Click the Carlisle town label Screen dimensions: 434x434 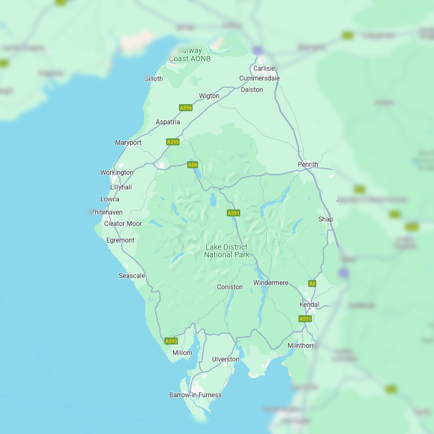coord(264,68)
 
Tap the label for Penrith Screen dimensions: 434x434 coord(308,164)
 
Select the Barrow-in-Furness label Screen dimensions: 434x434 coord(195,395)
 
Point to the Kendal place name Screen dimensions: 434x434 coord(309,304)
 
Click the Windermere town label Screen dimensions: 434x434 coord(271,283)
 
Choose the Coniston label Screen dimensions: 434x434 coord(230,287)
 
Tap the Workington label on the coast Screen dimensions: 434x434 coord(117,173)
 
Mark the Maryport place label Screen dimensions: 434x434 coord(128,143)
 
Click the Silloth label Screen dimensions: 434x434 coord(154,79)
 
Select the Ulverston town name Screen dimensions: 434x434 coord(226,359)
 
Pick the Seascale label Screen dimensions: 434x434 coord(132,276)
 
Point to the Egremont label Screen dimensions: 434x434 coord(120,240)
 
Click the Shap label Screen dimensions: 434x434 coord(325,219)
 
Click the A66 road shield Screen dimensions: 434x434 coord(193,164)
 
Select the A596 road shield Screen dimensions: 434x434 coord(186,108)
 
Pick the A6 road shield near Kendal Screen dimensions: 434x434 coord(312,283)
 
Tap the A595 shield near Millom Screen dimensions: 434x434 coord(171,341)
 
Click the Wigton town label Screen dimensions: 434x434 coord(209,96)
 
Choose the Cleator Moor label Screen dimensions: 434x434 coord(123,224)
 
